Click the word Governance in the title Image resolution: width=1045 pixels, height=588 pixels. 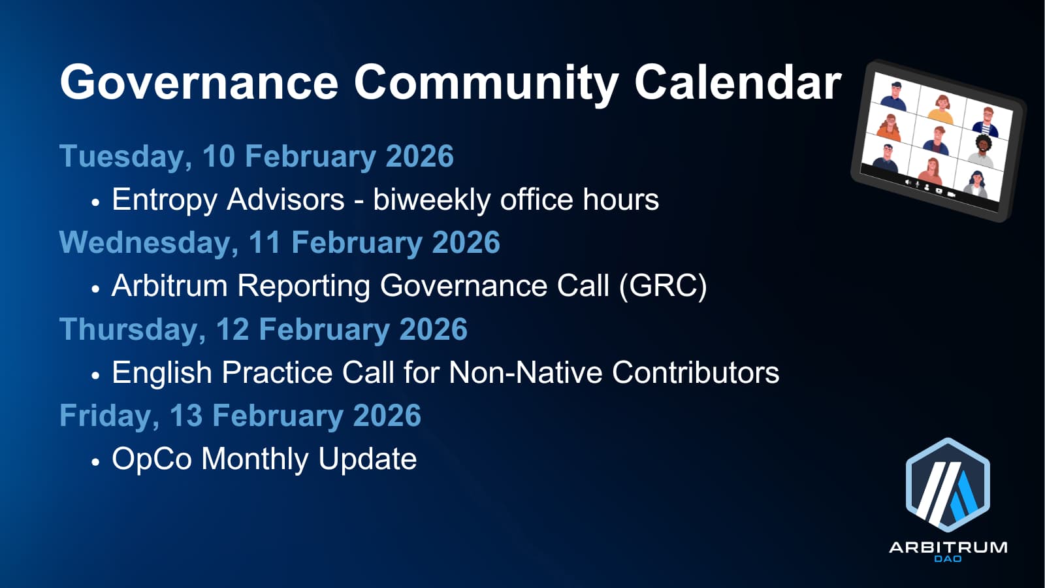(x=199, y=83)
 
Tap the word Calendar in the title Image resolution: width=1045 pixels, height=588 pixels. (x=738, y=83)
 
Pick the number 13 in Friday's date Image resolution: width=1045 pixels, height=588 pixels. (x=186, y=416)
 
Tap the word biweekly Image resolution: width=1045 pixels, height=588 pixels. (x=432, y=200)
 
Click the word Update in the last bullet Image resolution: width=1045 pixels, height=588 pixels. (x=367, y=459)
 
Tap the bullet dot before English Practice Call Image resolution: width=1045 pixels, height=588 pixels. (x=95, y=376)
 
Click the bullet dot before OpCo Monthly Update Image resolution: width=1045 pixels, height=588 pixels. (x=95, y=462)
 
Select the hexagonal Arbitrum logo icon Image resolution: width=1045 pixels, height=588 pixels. (x=948, y=485)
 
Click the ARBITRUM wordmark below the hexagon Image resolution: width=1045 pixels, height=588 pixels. (x=948, y=547)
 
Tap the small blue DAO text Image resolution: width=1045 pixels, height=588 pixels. (x=948, y=559)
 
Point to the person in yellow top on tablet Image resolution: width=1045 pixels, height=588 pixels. (x=941, y=110)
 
